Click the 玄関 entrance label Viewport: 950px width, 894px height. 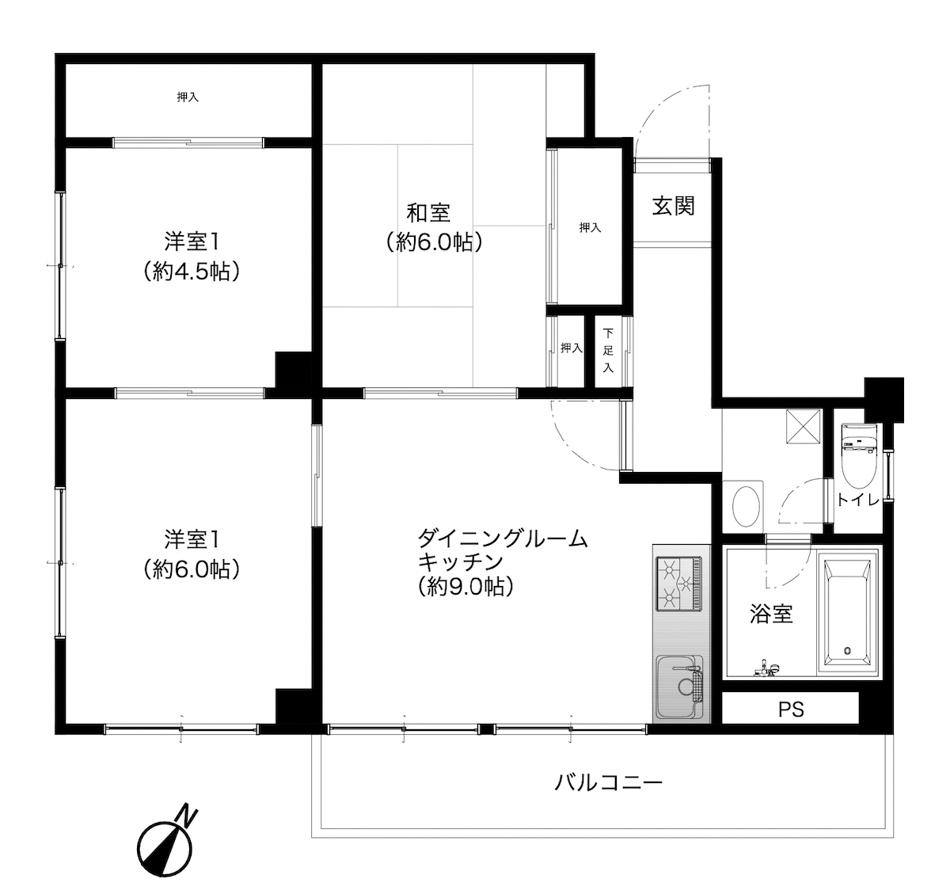coord(674,206)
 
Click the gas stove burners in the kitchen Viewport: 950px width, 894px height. coord(678,583)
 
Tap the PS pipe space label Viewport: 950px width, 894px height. coord(790,709)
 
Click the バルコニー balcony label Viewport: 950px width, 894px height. coord(608,784)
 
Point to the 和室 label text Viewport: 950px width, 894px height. coord(428,213)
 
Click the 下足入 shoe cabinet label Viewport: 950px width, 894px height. coord(608,351)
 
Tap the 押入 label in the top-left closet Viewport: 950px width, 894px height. coord(188,97)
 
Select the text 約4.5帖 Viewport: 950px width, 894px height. coord(192,272)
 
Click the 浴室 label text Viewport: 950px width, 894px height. coord(771,614)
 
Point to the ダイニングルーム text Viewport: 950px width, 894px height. coord(503,539)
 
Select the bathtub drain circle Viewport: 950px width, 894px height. coord(847,651)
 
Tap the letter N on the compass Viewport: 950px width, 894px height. coord(187,813)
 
